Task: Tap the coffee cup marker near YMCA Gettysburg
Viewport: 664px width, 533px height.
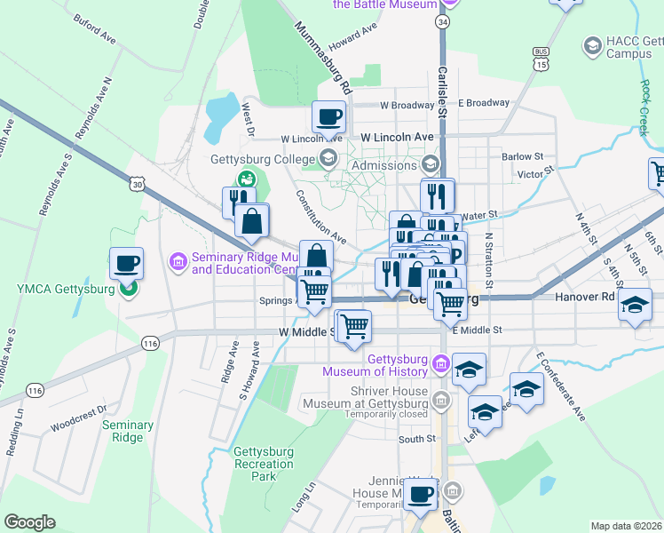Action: tap(126, 263)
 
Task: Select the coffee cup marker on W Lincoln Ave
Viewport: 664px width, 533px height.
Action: tap(328, 116)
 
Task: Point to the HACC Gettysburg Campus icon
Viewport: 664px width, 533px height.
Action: tap(592, 44)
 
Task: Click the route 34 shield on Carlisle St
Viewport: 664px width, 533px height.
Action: tap(442, 20)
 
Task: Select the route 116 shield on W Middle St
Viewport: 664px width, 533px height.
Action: tap(150, 342)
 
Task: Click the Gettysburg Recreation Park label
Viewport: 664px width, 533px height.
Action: tap(264, 464)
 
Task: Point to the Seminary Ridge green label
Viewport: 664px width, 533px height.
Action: tap(127, 431)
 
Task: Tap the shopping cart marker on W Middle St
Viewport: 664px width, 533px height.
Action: tap(354, 325)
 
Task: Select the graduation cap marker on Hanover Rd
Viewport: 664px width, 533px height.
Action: tap(634, 305)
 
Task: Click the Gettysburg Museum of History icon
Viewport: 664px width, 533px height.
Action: tap(440, 363)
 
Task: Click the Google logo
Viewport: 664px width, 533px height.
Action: tap(29, 522)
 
